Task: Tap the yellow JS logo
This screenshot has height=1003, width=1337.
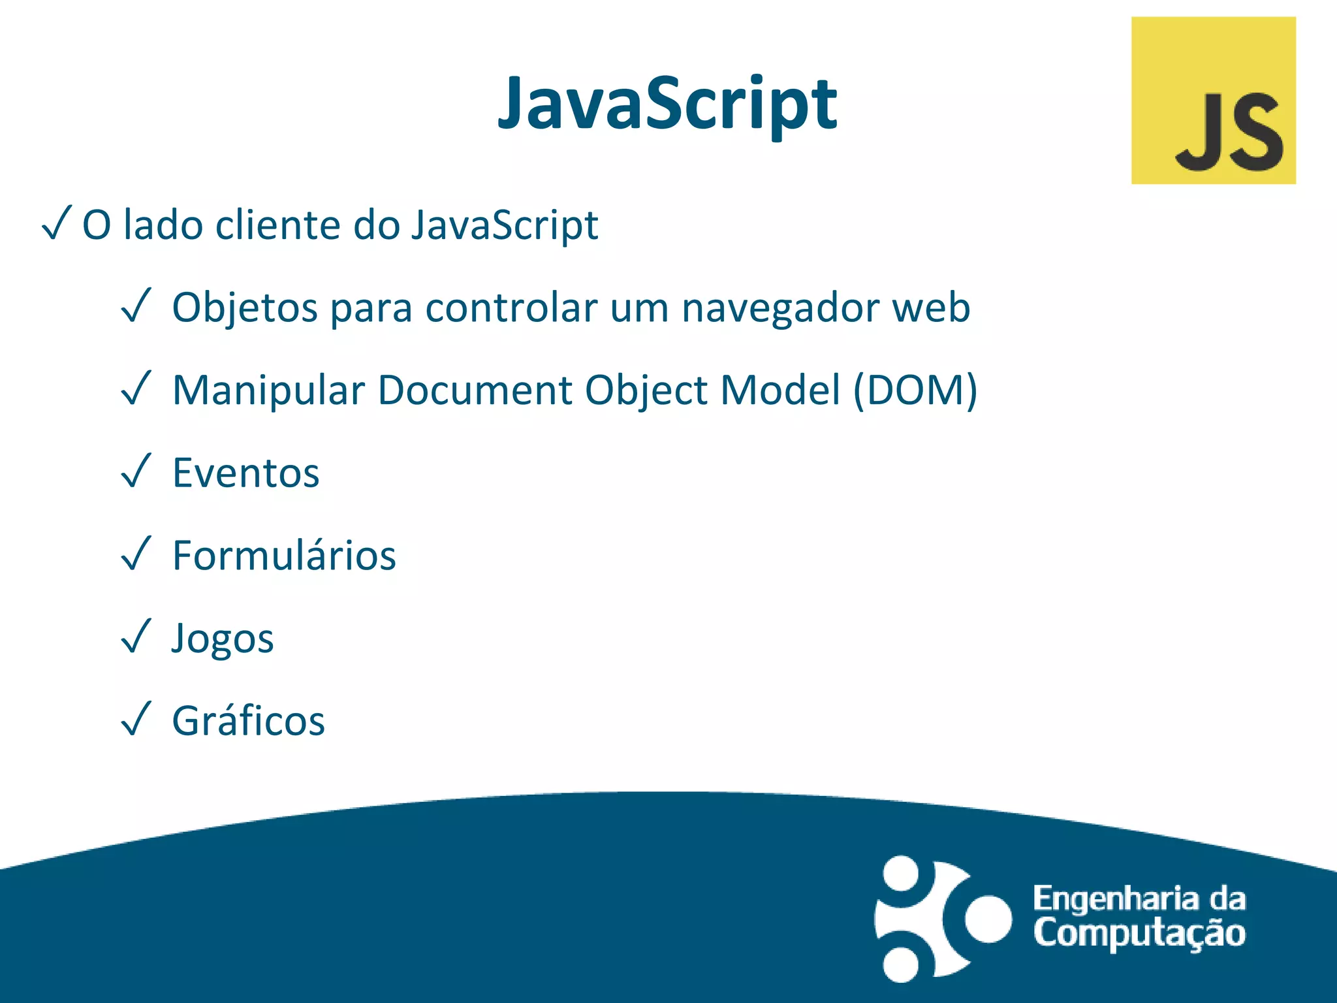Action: point(1213,101)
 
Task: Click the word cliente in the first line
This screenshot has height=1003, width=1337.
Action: point(277,225)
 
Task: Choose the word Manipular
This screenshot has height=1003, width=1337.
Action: point(268,390)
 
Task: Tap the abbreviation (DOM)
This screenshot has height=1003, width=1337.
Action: point(915,390)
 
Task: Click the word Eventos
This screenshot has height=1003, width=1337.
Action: point(245,473)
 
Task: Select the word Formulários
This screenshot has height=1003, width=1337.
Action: point(284,556)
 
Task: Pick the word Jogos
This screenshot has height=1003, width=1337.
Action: point(223,639)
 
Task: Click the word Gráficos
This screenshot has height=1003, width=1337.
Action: point(248,721)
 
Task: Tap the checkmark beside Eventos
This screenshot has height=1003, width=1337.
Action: point(136,471)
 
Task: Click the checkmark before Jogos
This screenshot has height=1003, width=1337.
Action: point(136,636)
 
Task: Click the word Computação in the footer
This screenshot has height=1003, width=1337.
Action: point(1139,932)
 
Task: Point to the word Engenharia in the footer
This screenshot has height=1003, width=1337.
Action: point(1116,899)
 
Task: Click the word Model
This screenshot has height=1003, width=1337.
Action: point(780,390)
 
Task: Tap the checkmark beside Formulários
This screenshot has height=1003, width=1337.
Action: point(136,553)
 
